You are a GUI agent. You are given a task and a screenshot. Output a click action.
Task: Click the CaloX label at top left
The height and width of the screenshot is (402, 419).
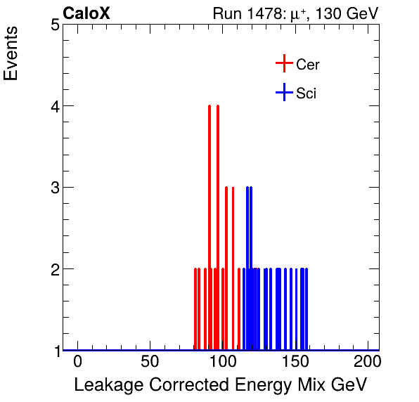point(86,13)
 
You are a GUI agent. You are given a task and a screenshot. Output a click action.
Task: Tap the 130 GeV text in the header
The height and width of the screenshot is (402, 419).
point(349,13)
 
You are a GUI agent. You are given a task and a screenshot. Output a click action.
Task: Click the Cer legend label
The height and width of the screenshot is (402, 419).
point(308,65)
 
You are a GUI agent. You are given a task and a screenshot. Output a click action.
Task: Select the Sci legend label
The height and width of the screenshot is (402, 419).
point(306,93)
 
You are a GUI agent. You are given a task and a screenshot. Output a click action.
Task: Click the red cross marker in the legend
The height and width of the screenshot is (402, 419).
point(283,64)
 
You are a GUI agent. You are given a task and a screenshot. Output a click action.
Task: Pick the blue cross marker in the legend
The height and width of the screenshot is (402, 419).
point(283,93)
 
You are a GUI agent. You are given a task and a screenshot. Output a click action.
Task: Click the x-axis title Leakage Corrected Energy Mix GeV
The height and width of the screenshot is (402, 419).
point(221,385)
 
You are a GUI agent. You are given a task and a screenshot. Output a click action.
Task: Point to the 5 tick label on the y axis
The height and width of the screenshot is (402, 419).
point(55,25)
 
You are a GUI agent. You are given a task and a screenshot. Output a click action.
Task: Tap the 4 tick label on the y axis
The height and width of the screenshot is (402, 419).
point(55,106)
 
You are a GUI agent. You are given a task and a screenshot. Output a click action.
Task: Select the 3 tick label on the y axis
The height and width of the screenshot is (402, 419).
point(55,188)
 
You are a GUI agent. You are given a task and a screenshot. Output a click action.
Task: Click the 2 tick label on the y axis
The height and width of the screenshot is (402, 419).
point(55,269)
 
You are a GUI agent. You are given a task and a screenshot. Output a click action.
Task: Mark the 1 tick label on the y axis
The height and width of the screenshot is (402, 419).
point(55,350)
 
